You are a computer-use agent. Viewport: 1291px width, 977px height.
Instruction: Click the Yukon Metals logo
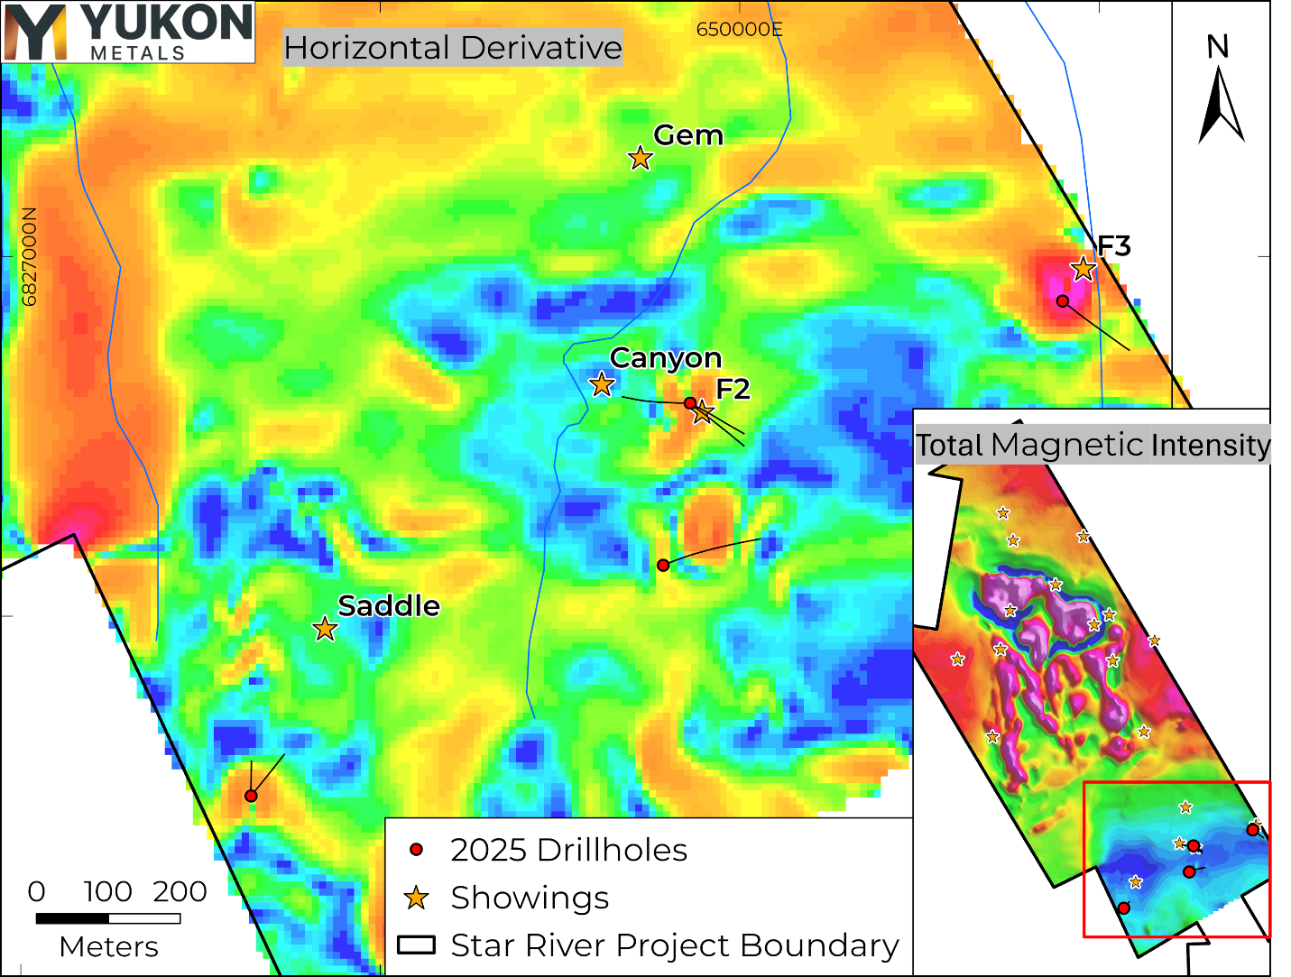click(x=128, y=32)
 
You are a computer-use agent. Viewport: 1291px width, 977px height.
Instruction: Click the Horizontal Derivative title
click(x=453, y=48)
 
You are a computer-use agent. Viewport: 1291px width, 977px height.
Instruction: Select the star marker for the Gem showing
click(x=640, y=158)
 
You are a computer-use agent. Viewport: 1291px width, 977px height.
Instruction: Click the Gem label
click(x=688, y=135)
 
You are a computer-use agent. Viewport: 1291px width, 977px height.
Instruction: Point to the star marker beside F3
click(x=1083, y=269)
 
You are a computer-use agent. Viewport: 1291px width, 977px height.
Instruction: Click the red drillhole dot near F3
click(x=1063, y=300)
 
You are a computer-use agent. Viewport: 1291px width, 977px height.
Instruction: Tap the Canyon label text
click(x=666, y=358)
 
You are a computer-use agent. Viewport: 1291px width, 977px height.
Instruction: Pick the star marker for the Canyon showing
click(x=602, y=384)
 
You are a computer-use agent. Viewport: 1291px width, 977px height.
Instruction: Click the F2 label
click(x=733, y=390)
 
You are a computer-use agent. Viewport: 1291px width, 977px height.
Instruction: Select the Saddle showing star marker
click(x=325, y=629)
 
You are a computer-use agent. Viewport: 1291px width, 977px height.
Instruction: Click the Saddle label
click(x=389, y=606)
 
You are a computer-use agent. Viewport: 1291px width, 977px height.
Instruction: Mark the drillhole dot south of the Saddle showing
click(x=251, y=796)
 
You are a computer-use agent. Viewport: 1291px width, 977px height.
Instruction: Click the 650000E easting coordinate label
click(x=739, y=30)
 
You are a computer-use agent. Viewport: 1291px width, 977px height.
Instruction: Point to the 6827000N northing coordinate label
click(x=30, y=257)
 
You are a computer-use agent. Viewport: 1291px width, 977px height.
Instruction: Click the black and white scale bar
click(x=108, y=918)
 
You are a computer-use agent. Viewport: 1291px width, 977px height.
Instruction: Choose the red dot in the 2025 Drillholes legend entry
click(x=416, y=850)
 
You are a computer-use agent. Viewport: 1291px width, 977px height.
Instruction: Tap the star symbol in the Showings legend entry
click(x=416, y=898)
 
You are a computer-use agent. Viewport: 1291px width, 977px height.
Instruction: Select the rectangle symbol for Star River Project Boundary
click(x=416, y=945)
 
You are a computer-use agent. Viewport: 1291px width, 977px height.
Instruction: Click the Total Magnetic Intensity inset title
click(x=1093, y=445)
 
